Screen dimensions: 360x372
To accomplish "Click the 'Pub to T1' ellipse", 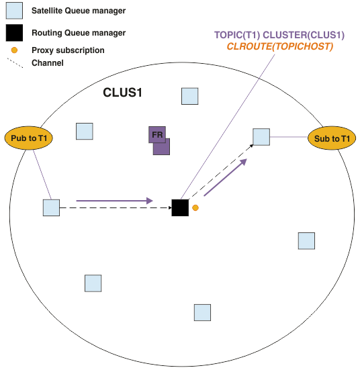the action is (29, 138).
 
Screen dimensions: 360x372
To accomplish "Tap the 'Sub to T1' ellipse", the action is (332, 138).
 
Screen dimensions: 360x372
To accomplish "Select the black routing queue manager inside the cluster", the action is (180, 208).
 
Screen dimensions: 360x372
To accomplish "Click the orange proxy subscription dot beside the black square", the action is (195, 208).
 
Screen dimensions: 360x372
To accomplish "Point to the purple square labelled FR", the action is (157, 134).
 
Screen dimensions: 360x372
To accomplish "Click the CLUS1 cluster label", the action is (122, 93).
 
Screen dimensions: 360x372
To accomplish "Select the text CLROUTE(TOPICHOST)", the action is (280, 46).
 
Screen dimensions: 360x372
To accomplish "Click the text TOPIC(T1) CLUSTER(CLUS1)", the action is (279, 35).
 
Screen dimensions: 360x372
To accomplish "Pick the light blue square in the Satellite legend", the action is (14, 11).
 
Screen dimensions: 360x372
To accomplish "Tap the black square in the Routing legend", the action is (14, 33).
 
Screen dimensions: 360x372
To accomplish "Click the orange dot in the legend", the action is (14, 50).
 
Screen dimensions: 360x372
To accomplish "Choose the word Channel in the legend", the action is (48, 63).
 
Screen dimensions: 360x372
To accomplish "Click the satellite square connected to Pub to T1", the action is (51, 208).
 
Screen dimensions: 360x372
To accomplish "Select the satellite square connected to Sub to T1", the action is (261, 137).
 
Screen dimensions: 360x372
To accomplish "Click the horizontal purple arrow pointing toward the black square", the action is (114, 201).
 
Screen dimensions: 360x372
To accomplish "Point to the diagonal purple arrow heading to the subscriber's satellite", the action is (226, 177).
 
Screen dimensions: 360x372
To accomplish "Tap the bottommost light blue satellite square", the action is (202, 313).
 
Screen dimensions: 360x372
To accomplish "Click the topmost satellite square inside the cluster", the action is (190, 96).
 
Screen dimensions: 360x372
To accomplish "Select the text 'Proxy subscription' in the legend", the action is (68, 50).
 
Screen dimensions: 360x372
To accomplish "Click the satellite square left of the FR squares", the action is (85, 131).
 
